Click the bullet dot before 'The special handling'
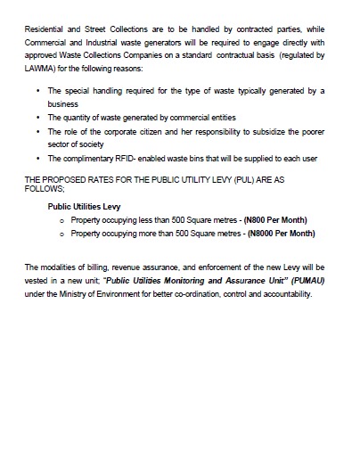(37, 92)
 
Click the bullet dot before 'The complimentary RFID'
(37, 158)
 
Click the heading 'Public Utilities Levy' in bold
(85, 205)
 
